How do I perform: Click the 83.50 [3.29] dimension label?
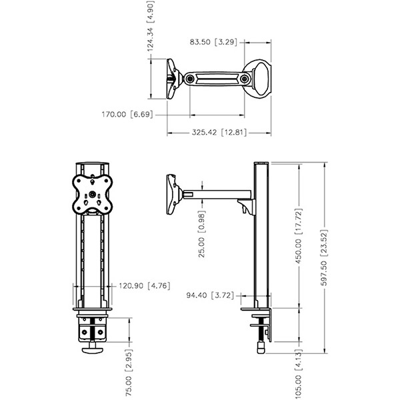pos(213,42)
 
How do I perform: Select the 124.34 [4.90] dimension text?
pos(151,26)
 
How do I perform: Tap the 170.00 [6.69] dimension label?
pos(127,114)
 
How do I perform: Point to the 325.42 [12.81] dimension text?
pos(219,132)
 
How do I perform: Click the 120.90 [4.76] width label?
pos(145,285)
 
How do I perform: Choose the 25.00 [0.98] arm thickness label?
pos(201,234)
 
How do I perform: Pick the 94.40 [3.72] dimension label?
pos(210,295)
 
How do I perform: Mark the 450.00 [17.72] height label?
pos(299,236)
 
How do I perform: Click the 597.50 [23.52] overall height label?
pos(324,257)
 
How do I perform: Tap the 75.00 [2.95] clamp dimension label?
pos(129,373)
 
